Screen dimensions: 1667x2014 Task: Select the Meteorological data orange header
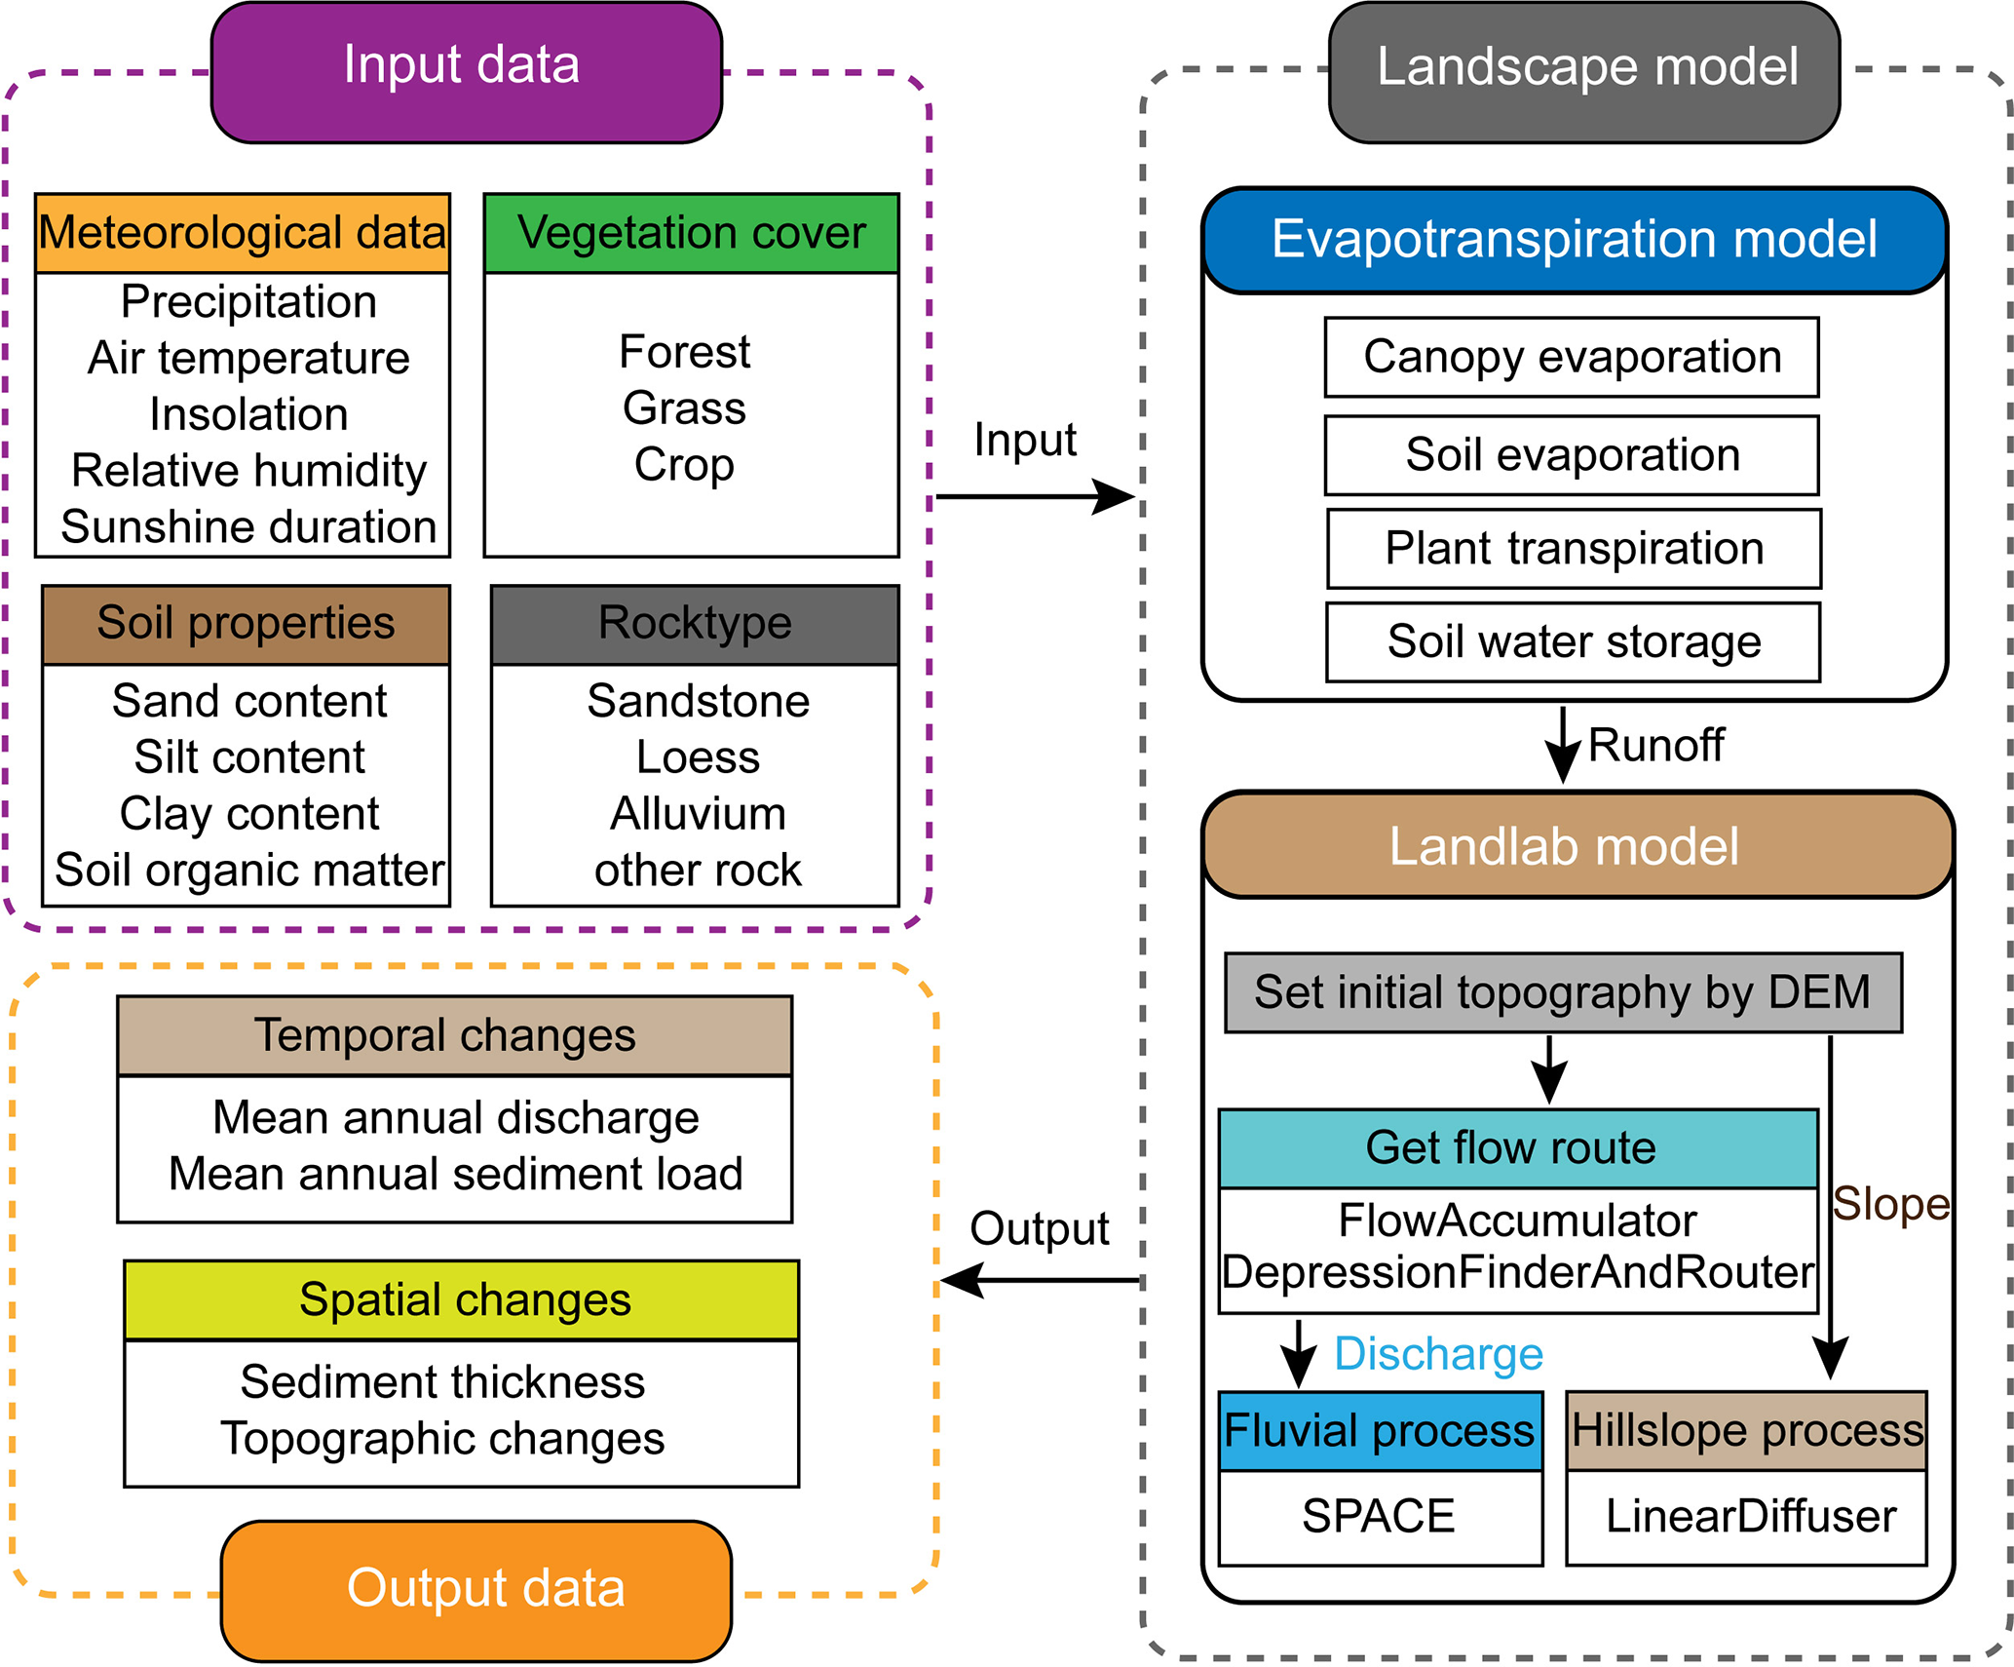coord(243,233)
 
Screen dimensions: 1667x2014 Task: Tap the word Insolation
coord(248,414)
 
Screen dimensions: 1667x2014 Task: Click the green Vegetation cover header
coord(691,233)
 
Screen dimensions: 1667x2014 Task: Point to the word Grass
coord(684,407)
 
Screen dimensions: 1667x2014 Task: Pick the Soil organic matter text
coord(249,870)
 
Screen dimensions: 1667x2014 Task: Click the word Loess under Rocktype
coord(698,757)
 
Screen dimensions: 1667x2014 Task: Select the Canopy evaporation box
coord(1572,357)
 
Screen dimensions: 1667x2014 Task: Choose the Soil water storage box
coord(1573,642)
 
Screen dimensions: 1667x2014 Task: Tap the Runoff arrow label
coord(1655,746)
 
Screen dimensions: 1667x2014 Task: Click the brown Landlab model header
coord(1577,845)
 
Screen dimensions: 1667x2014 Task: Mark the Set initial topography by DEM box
coord(1563,992)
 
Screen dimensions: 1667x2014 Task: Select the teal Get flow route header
coord(1517,1147)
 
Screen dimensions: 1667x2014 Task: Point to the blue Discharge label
coord(1438,1354)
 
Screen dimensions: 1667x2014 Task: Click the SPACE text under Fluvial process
coord(1379,1516)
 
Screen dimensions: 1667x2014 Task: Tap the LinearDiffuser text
coord(1751,1516)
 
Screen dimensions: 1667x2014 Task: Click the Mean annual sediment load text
coord(455,1174)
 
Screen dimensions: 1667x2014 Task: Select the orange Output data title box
coord(476,1589)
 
